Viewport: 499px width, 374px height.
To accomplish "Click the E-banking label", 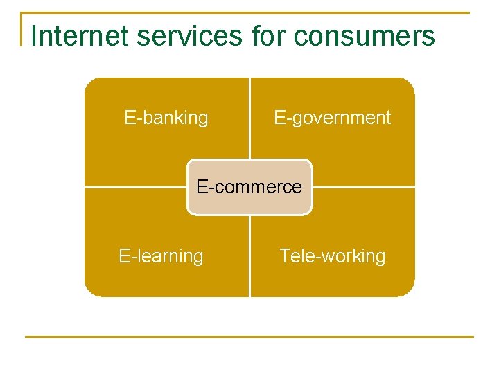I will [x=166, y=118].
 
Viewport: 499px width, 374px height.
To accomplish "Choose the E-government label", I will [x=332, y=118].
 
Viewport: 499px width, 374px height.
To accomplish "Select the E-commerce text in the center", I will [x=249, y=187].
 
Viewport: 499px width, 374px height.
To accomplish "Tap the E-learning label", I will [x=161, y=256].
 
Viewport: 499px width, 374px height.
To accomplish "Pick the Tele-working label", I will [x=332, y=256].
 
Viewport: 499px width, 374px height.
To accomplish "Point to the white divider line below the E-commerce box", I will [x=249, y=256].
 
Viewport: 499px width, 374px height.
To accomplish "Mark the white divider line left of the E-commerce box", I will [x=135, y=187].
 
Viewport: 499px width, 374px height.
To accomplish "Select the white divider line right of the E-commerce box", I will [x=364, y=187].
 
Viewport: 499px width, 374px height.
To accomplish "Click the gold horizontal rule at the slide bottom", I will [x=249, y=337].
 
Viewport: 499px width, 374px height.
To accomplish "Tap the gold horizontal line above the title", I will [x=249, y=12].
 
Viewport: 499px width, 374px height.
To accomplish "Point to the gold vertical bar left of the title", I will [x=21, y=29].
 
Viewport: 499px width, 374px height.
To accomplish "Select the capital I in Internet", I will [x=35, y=35].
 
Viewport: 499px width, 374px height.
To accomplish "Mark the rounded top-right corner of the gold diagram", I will [x=408, y=84].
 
